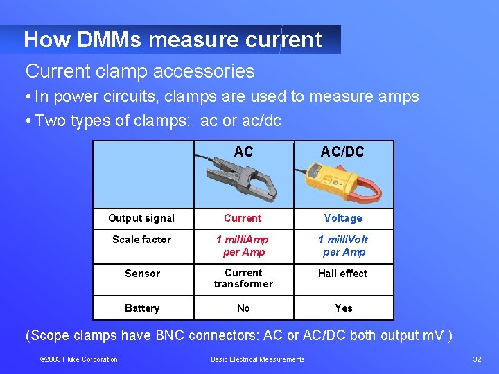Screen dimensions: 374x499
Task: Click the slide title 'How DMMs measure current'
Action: [173, 39]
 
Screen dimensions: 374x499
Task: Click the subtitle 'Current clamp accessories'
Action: [140, 71]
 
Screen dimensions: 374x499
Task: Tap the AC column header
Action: [243, 152]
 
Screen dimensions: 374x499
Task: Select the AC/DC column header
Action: [342, 152]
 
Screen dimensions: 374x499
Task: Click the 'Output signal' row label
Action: [141, 218]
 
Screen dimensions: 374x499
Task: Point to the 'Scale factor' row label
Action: [141, 240]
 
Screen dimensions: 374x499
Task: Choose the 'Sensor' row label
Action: [142, 274]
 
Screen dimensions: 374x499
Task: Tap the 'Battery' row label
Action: [142, 308]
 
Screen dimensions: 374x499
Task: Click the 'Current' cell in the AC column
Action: [243, 218]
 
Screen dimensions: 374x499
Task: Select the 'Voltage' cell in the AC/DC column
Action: [343, 218]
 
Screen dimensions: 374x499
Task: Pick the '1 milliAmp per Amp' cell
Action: [243, 246]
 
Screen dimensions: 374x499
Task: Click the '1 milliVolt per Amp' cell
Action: [344, 246]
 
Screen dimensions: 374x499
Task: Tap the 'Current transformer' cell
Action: [243, 278]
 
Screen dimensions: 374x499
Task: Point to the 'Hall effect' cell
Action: [343, 274]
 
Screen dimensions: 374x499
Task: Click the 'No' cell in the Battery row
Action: [243, 308]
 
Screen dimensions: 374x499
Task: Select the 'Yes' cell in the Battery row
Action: [344, 308]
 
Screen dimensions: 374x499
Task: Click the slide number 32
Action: [477, 359]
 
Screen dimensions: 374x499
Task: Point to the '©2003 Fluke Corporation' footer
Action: [79, 359]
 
